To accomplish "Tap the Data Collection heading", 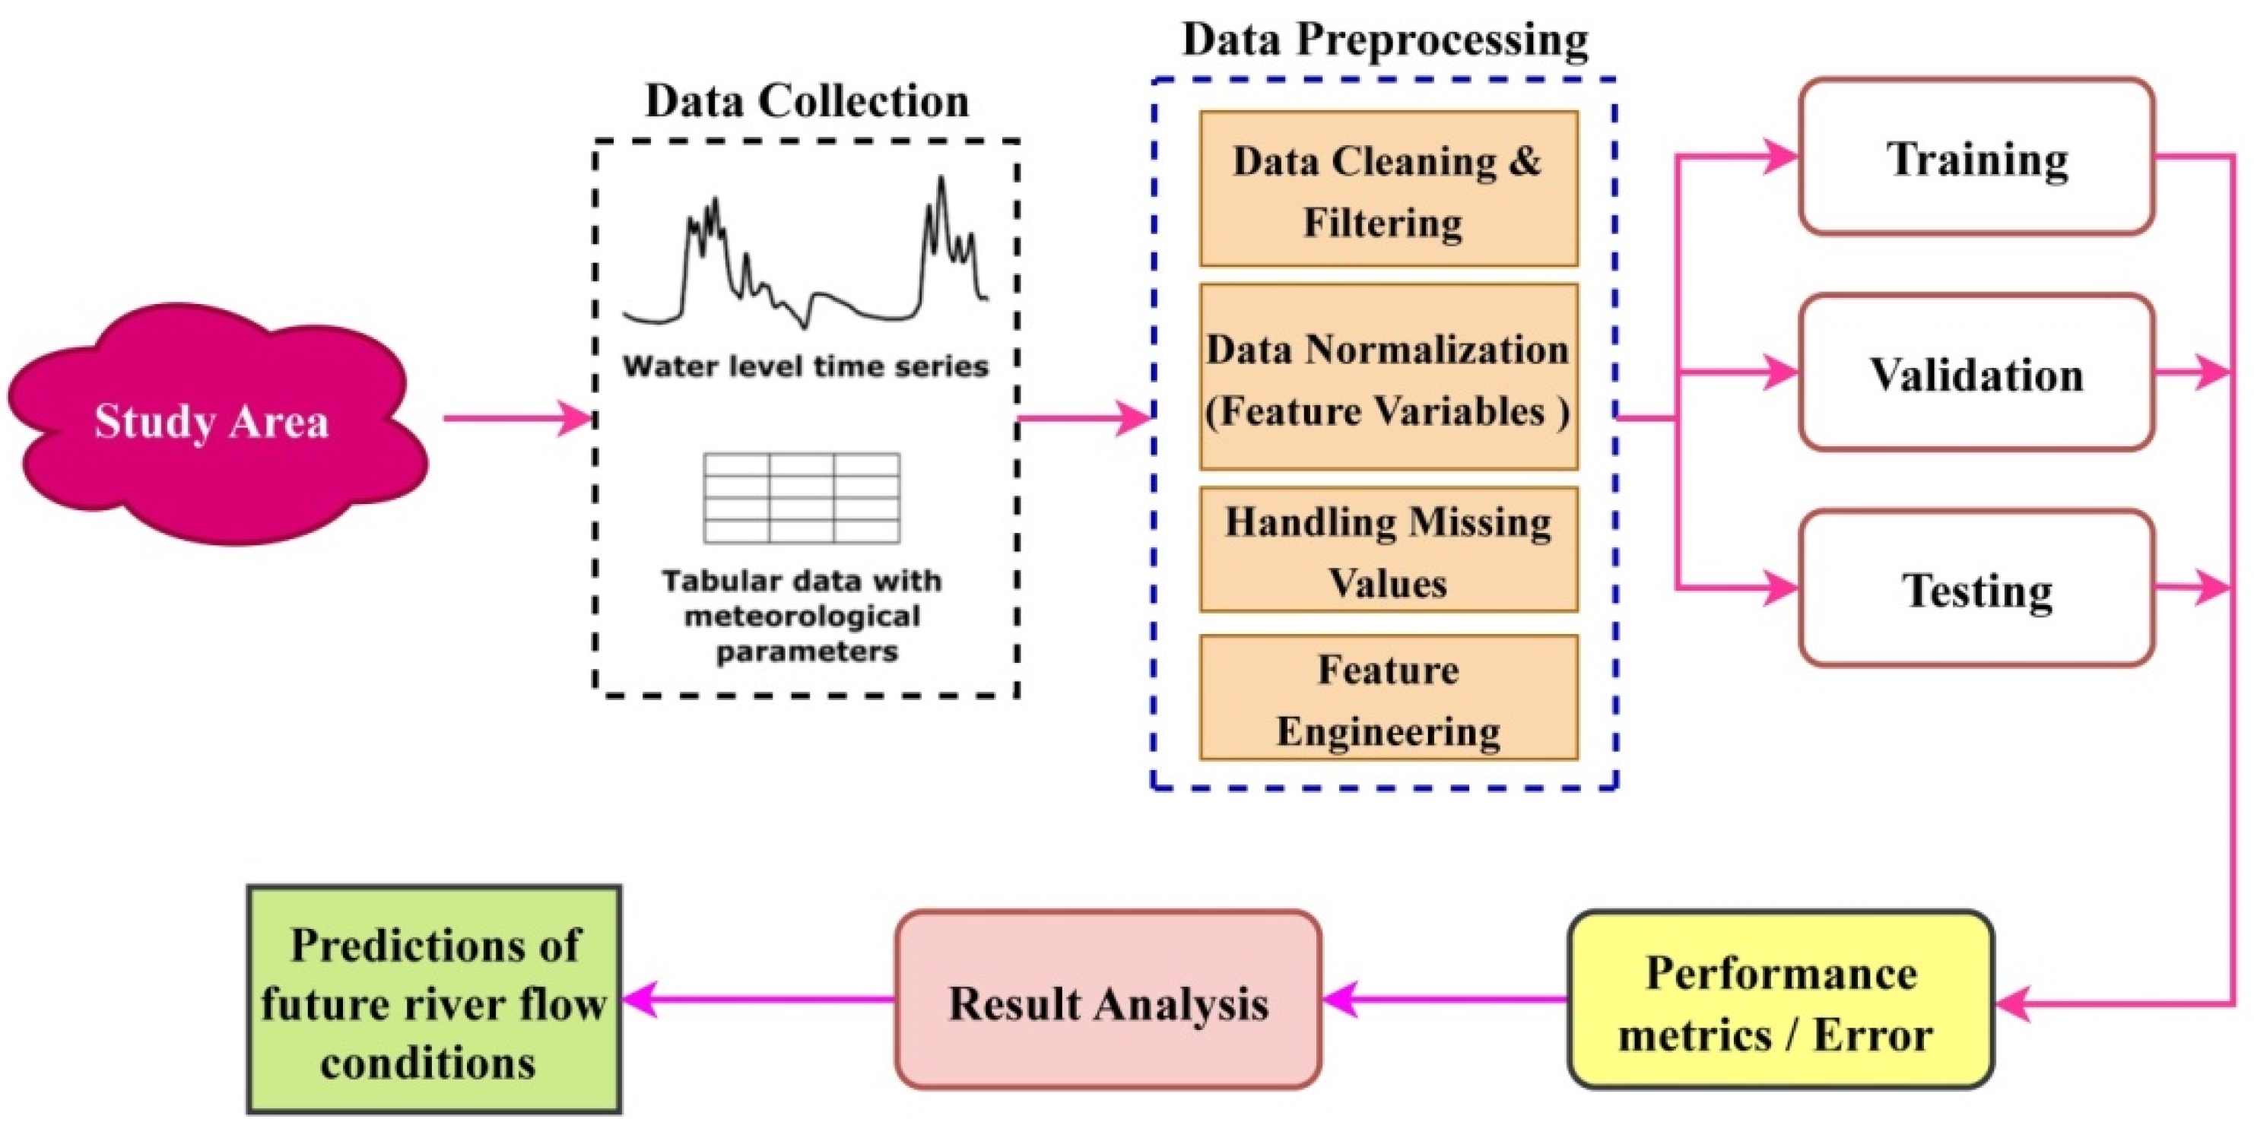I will point(807,100).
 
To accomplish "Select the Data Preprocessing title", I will point(1384,40).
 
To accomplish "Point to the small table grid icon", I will point(802,498).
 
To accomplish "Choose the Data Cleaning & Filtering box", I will point(1388,189).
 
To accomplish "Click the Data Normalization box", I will point(1388,378).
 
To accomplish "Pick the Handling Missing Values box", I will point(1388,550).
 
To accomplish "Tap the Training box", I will point(1976,157).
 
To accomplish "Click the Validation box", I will point(1976,373).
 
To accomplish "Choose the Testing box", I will point(1976,588).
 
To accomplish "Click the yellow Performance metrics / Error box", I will point(1779,1000).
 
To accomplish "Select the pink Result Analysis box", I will point(1108,1000).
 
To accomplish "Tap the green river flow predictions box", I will point(434,1000).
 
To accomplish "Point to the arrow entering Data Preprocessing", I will point(1085,418).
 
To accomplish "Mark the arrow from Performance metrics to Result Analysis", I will point(1444,999).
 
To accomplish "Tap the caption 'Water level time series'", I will point(805,366).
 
